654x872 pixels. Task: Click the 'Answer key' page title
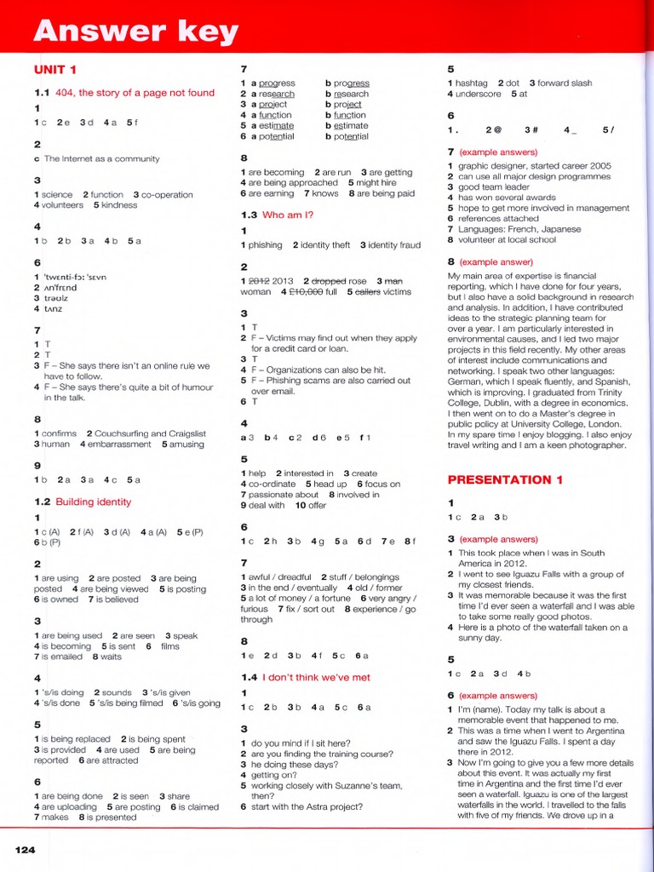coord(135,32)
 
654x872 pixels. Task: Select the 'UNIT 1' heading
coord(55,70)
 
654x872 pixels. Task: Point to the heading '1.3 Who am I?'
coord(277,215)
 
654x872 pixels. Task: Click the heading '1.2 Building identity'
coord(83,502)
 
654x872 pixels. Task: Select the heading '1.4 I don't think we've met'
coord(306,678)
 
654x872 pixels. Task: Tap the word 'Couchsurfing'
coord(124,433)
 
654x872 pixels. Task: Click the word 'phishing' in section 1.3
coord(265,245)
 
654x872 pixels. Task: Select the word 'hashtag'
coord(471,83)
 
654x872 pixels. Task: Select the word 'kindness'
coord(118,205)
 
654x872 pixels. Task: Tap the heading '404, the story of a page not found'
coord(135,93)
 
